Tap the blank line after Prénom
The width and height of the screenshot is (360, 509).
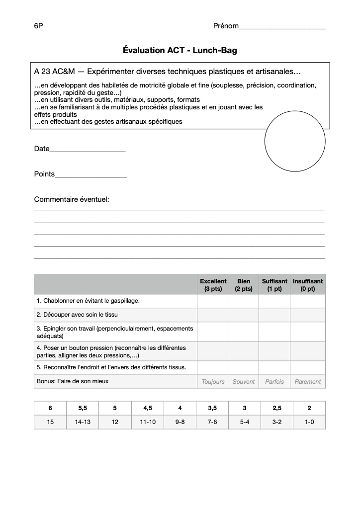282,27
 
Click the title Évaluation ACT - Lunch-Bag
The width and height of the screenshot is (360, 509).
180,50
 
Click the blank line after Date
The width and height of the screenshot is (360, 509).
88,150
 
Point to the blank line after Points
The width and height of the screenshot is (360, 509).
91,175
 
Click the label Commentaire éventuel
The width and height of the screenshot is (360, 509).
72,199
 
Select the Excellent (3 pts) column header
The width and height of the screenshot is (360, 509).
213,285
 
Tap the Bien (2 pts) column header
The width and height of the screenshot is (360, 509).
244,285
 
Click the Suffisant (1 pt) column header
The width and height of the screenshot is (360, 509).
274,285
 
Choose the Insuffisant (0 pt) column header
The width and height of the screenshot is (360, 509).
308,285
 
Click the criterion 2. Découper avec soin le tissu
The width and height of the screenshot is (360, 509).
77,315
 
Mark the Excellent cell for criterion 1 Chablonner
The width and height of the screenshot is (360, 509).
213,301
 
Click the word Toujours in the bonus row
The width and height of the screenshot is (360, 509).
213,382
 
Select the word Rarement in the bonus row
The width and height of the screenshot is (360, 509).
308,382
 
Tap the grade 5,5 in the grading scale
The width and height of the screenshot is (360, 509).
83,408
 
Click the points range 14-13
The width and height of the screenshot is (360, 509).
83,422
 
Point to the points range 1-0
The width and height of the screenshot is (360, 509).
309,422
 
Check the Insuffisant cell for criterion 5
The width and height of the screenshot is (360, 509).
308,367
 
